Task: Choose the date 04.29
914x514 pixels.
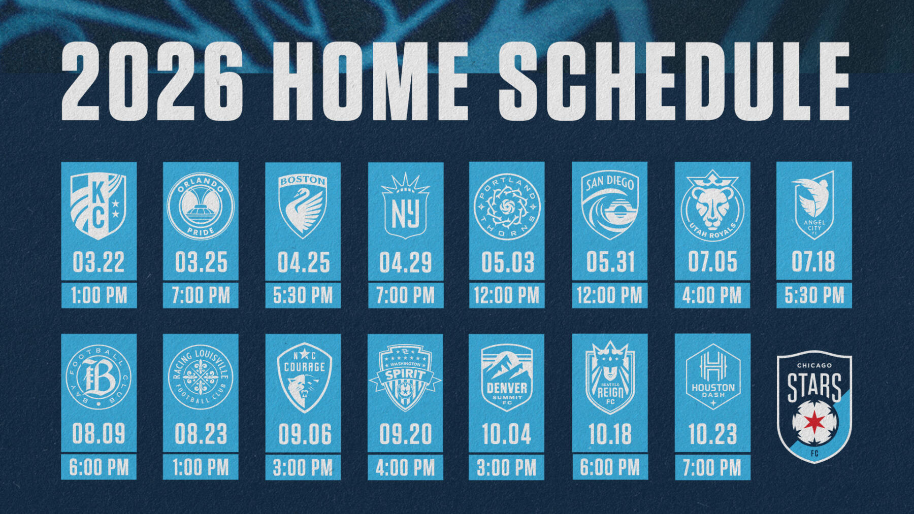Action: click(405, 262)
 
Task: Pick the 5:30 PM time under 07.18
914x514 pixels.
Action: click(814, 295)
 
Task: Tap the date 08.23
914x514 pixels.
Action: click(201, 434)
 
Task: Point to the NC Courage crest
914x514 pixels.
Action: click(304, 377)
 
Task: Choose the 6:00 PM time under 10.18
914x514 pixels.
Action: click(610, 467)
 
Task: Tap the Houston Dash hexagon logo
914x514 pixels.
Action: click(712, 377)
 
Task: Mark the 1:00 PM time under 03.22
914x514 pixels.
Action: click(99, 295)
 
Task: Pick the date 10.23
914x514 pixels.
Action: click(712, 434)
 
